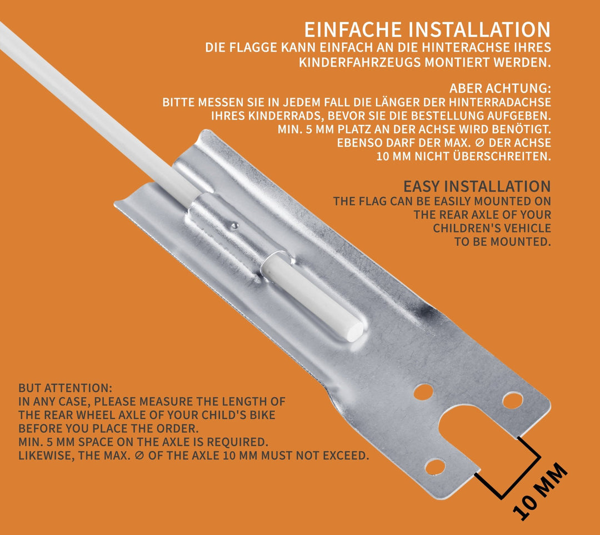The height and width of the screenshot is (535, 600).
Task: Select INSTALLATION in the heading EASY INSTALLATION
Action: click(497, 186)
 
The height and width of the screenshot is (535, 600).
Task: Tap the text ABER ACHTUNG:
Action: click(500, 88)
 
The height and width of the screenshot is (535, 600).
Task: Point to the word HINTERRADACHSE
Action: click(500, 102)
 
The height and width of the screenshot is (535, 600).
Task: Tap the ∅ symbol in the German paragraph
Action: click(479, 143)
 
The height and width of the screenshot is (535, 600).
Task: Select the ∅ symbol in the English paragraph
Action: click(139, 456)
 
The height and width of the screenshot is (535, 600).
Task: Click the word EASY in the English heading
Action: click(421, 186)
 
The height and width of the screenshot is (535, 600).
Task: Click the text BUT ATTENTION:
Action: click(66, 388)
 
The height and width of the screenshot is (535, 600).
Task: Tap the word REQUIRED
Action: click(237, 442)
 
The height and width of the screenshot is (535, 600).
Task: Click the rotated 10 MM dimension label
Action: click(539, 491)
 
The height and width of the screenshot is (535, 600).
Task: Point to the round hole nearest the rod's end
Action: click(423, 392)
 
